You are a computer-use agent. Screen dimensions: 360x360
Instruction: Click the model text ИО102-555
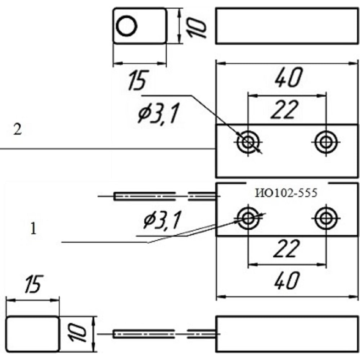click(x=286, y=193)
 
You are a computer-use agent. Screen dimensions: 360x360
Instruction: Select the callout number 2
click(x=17, y=130)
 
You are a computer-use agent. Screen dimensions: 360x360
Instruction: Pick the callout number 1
click(x=33, y=229)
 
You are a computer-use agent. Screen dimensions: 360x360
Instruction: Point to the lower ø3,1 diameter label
click(x=162, y=220)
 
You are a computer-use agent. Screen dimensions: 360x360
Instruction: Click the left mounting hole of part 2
click(x=248, y=141)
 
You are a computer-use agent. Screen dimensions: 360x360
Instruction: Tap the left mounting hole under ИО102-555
click(x=248, y=217)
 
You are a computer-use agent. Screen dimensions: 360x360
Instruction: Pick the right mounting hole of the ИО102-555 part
click(x=326, y=217)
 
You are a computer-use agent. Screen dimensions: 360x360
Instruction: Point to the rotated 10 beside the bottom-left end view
click(x=77, y=333)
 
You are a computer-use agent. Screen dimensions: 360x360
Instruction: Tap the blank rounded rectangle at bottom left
click(x=33, y=333)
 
